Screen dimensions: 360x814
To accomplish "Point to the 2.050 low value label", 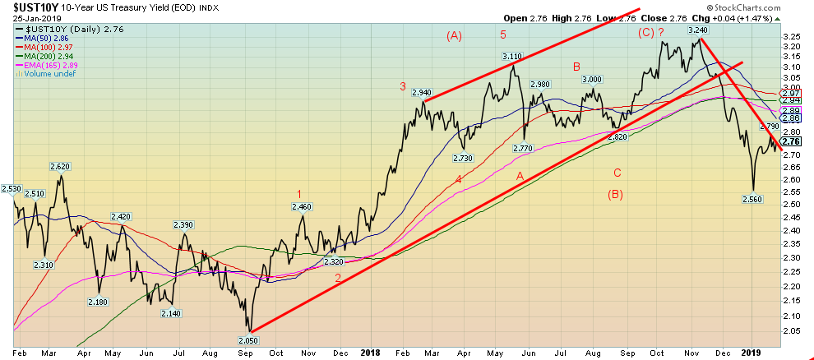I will tap(250, 339).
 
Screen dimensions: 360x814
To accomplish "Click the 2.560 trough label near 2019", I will tap(753, 199).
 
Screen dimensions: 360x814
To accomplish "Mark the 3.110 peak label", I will tap(512, 57).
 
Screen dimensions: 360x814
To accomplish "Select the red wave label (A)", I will tap(455, 35).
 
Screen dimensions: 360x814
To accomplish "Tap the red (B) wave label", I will tap(617, 195).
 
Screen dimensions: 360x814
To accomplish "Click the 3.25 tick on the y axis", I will tap(793, 37).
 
